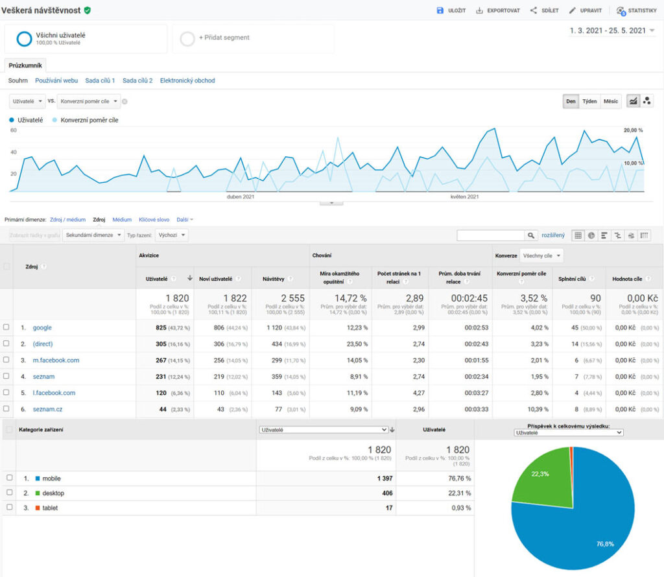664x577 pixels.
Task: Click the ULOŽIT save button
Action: (451, 10)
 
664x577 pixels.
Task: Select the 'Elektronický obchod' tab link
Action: (187, 81)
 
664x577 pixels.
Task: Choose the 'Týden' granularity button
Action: (589, 101)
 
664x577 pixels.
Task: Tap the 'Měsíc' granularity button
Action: (611, 101)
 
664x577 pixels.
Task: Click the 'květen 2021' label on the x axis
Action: (464, 196)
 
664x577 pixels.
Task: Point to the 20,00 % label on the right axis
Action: (633, 130)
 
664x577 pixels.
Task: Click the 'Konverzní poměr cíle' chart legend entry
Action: (89, 120)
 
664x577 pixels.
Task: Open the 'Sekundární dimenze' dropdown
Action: (93, 235)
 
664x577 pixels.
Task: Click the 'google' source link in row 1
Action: (42, 328)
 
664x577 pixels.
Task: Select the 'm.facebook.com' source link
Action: (56, 360)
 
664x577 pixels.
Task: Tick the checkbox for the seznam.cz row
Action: (6, 409)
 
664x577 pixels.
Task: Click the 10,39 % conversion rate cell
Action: (539, 410)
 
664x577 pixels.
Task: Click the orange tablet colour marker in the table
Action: (38, 508)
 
